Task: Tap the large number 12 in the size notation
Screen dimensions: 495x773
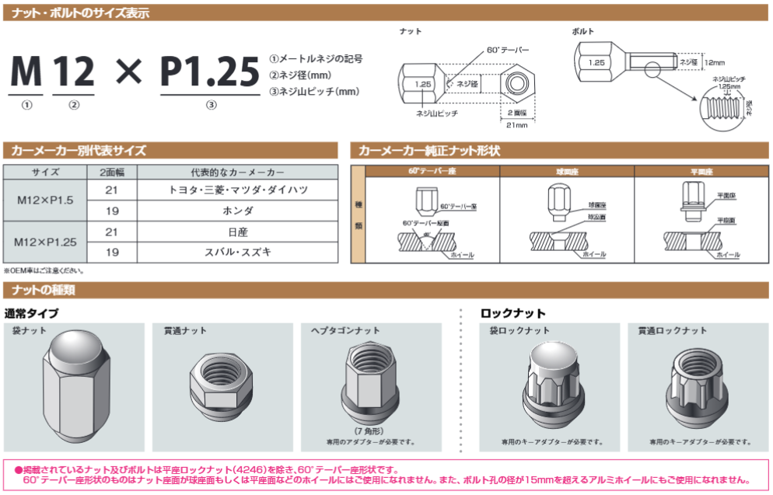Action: click(x=74, y=71)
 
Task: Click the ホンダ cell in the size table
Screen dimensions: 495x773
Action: click(x=237, y=211)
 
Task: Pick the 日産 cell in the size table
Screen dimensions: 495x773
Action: click(x=237, y=232)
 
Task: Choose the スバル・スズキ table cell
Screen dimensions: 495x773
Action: click(x=237, y=252)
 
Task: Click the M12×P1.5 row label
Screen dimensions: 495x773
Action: click(x=45, y=200)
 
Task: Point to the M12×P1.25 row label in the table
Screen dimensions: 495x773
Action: click(x=45, y=242)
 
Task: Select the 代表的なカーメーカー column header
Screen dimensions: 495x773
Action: click(x=237, y=172)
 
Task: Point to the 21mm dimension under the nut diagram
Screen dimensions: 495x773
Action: click(x=516, y=124)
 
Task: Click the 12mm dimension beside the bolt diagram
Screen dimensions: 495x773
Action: click(x=713, y=61)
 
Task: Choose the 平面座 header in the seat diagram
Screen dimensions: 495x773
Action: click(x=701, y=171)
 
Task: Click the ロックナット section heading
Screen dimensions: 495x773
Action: click(x=513, y=313)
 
